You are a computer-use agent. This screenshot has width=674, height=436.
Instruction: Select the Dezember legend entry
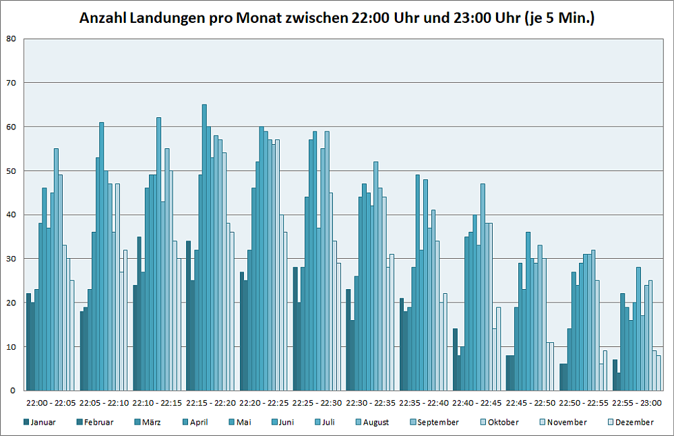(634, 423)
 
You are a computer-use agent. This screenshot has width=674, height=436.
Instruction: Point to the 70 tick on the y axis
(12, 83)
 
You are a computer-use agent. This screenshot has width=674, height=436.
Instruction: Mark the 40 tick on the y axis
(12, 215)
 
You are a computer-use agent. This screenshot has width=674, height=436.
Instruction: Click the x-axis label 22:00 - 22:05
(51, 403)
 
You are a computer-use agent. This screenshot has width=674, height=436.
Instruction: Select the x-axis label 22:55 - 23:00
(637, 403)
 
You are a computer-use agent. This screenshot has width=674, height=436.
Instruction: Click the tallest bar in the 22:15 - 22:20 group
(204, 248)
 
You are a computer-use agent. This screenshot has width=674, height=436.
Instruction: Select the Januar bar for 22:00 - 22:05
(28, 342)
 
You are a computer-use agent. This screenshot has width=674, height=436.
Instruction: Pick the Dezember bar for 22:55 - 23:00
(658, 373)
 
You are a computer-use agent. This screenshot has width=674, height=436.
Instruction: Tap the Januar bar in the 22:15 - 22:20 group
(188, 315)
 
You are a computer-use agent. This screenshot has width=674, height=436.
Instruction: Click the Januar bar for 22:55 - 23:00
(615, 375)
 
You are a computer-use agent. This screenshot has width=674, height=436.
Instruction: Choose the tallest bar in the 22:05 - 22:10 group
(102, 256)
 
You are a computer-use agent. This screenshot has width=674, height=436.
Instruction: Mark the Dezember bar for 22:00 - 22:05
(72, 336)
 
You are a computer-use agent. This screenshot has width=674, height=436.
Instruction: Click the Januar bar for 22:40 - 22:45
(455, 360)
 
